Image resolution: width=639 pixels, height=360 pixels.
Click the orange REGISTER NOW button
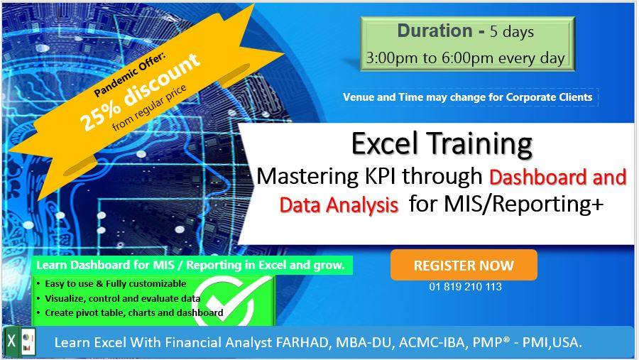tap(464, 265)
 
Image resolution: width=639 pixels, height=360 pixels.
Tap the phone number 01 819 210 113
tap(465, 287)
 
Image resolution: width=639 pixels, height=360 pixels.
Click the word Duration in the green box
tap(435, 31)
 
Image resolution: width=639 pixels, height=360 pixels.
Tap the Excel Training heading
tap(442, 143)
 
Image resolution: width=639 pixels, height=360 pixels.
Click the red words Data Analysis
tap(339, 204)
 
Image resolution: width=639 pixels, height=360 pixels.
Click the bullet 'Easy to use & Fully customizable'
tap(115, 284)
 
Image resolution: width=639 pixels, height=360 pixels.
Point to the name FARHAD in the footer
tap(302, 342)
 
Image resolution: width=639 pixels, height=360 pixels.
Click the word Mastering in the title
tap(307, 178)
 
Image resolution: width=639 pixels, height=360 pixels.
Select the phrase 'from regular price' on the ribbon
tap(150, 108)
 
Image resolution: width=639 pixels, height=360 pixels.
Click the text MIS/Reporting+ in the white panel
tap(523, 204)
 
